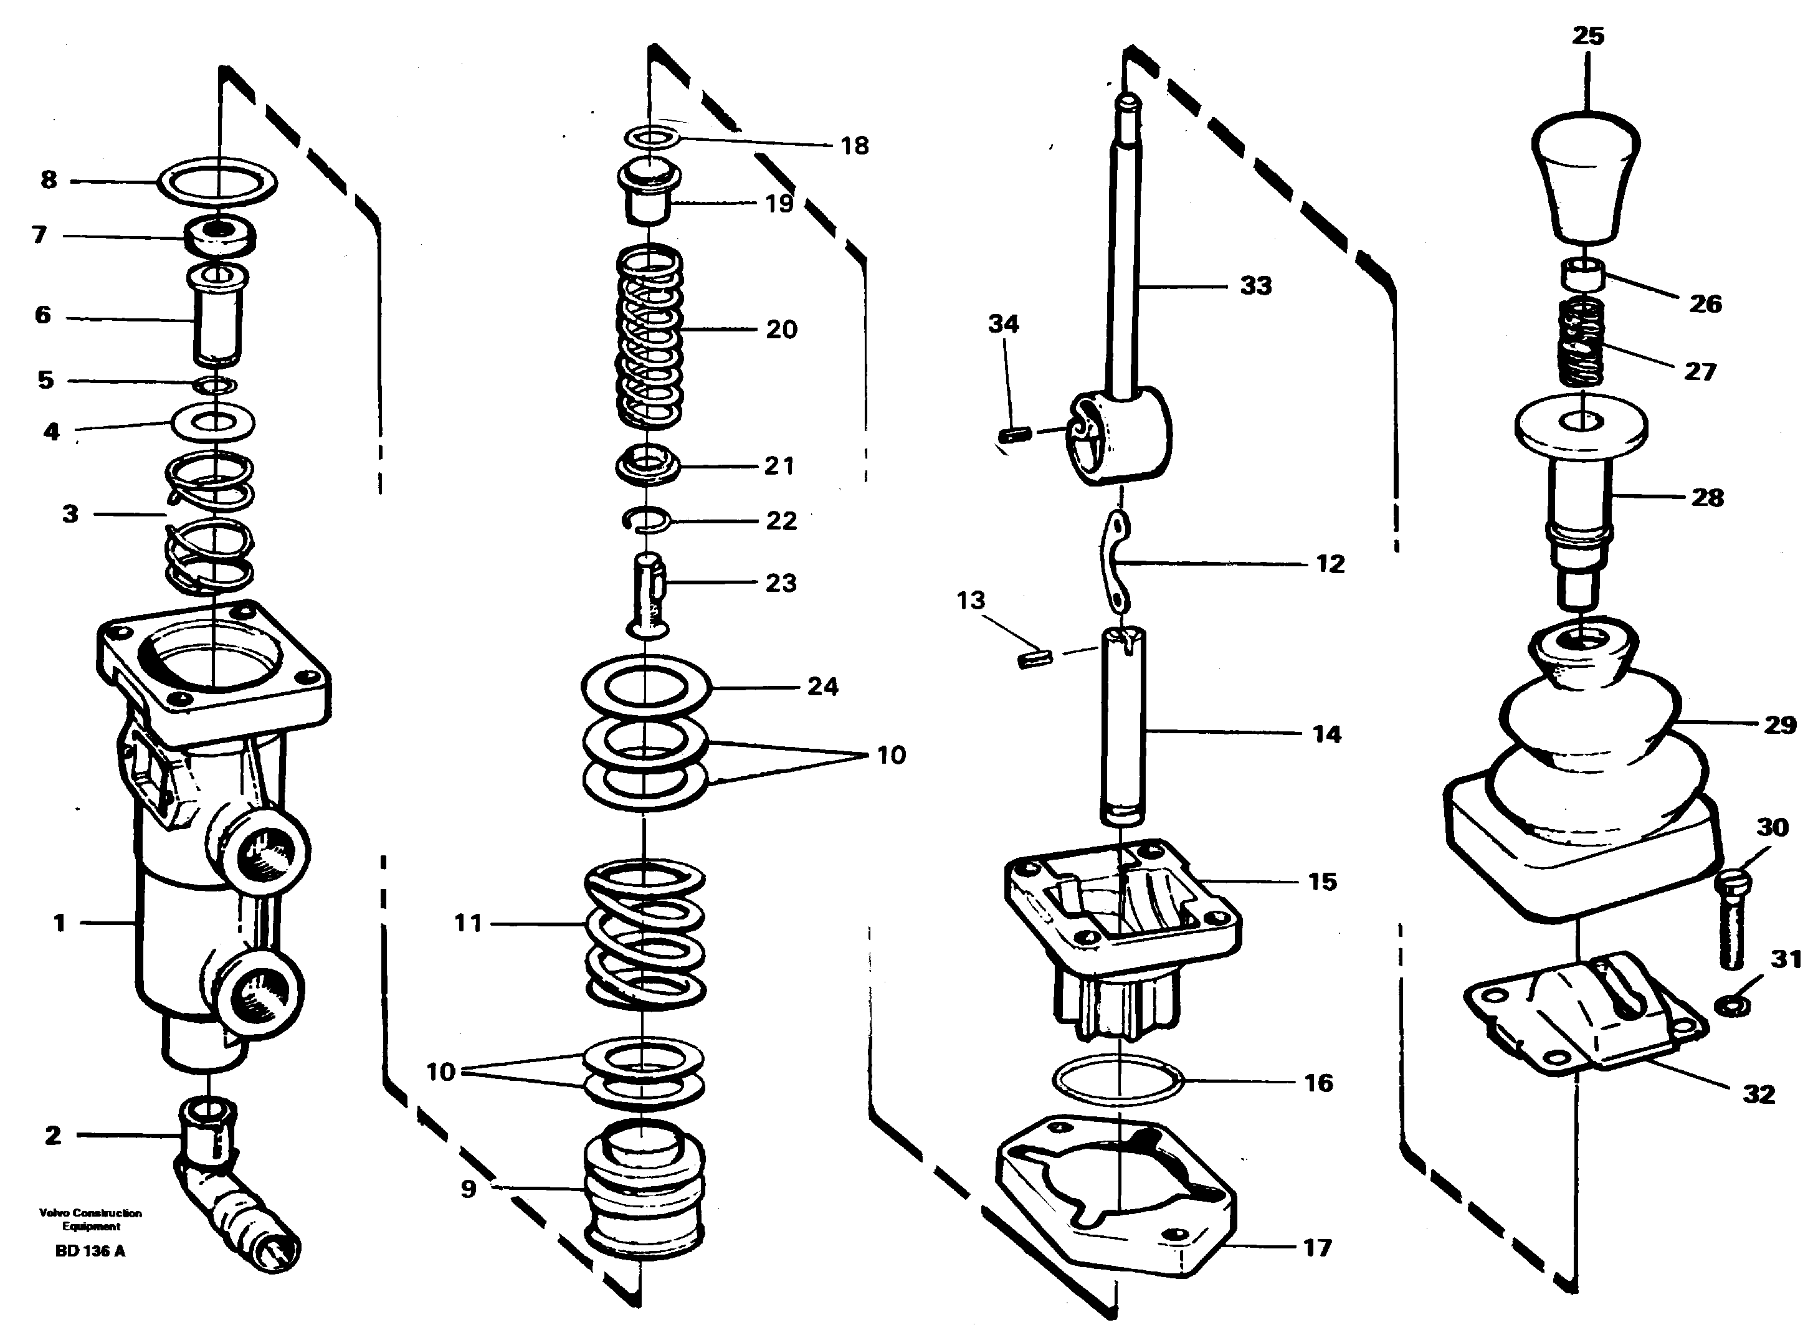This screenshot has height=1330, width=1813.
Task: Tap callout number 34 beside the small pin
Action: (1003, 324)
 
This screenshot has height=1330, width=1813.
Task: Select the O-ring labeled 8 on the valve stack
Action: (218, 180)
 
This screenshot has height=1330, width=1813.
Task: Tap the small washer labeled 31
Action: (1731, 1005)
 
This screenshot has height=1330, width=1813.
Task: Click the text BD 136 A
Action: (90, 1251)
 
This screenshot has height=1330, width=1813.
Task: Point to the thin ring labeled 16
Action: (1118, 1080)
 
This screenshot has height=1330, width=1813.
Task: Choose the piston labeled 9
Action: (644, 1190)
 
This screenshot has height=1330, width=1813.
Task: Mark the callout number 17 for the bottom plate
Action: (1317, 1248)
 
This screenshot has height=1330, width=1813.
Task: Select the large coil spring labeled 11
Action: (644, 934)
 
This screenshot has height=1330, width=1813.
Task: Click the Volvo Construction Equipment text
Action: (90, 1220)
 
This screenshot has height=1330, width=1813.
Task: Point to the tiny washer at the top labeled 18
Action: (650, 138)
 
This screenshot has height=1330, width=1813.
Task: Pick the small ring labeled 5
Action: (215, 385)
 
